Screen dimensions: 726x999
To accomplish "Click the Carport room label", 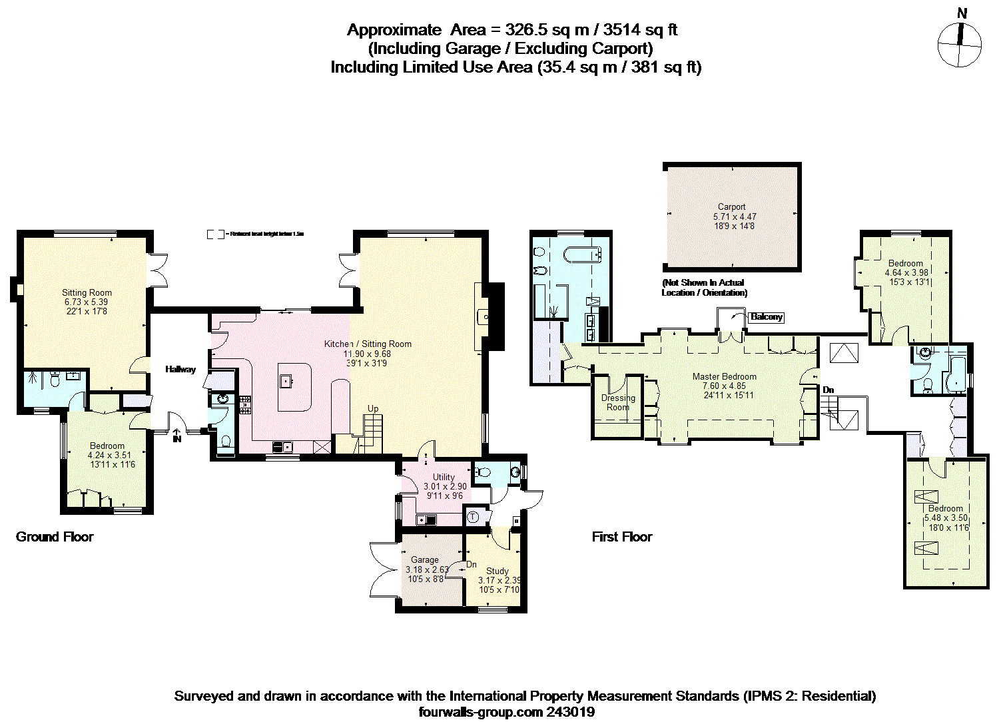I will (731, 207).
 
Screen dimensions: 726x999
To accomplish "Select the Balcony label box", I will (766, 317).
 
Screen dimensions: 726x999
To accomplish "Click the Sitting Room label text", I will (87, 292).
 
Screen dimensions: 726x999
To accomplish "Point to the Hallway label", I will (180, 369).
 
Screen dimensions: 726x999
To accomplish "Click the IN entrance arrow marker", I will (176, 437).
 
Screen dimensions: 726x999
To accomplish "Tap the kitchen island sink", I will (286, 381).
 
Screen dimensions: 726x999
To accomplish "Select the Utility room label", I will (444, 477).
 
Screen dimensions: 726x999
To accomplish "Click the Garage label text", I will (424, 559).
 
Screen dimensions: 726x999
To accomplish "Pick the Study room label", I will (497, 571).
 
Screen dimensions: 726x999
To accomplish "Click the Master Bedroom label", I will (724, 376).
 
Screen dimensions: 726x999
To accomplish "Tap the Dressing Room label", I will (618, 402).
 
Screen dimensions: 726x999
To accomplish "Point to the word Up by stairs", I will (373, 408).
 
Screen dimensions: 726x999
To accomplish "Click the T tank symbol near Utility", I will (473, 516).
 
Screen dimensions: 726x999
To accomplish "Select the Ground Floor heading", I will (55, 537).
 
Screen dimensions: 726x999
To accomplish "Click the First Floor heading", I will (622, 537).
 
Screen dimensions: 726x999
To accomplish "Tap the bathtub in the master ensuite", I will (583, 254).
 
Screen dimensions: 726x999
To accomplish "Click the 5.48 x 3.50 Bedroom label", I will (945, 508).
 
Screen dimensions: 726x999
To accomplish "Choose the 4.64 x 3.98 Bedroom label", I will (905, 263).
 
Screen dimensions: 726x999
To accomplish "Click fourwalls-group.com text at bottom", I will (481, 712).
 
